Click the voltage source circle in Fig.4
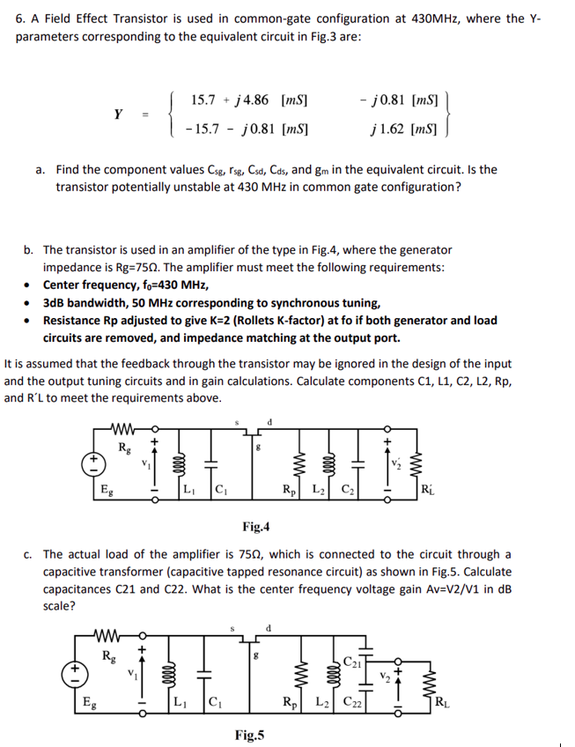click(x=89, y=459)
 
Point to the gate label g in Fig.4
click(x=255, y=447)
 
